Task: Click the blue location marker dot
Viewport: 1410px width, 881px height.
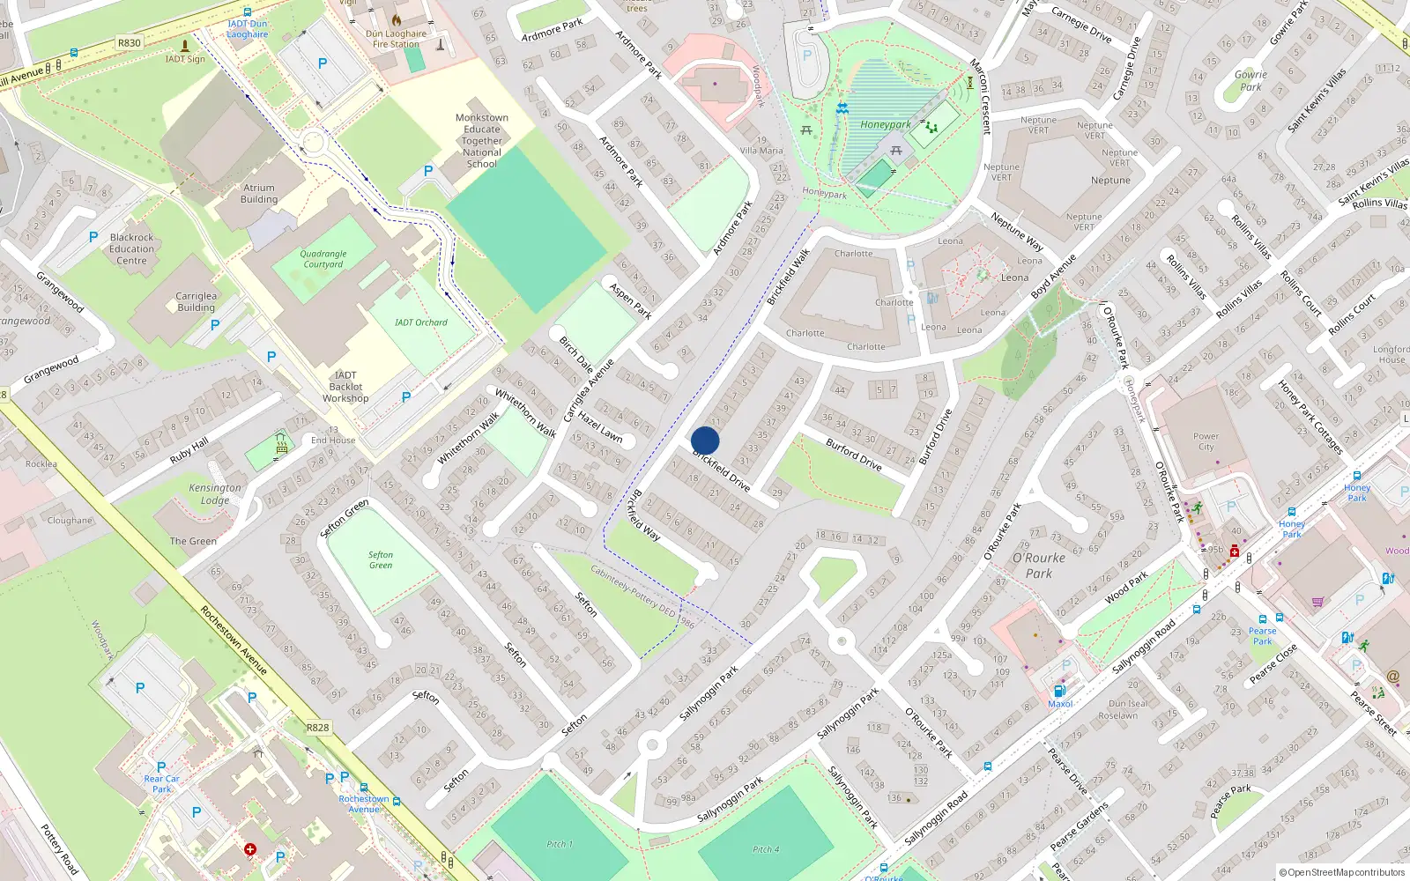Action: click(705, 440)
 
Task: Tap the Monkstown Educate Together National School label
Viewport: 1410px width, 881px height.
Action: click(482, 141)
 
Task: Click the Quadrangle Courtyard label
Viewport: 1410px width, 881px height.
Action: click(323, 259)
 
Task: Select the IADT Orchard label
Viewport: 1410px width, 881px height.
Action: click(420, 322)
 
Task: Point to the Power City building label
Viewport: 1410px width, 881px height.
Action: click(1206, 441)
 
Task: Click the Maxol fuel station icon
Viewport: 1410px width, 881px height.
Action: click(1060, 691)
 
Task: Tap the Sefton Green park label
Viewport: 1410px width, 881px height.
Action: click(381, 560)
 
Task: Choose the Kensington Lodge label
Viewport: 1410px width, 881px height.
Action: click(214, 493)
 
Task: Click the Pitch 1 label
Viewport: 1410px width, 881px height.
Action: click(559, 844)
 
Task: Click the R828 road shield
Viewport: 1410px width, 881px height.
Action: click(318, 728)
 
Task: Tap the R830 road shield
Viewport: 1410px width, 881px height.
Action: click(129, 42)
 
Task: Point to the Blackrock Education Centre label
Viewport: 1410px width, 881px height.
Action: click(132, 249)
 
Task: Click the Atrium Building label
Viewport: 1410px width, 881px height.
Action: click(259, 194)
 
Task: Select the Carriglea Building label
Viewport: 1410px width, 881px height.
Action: click(196, 302)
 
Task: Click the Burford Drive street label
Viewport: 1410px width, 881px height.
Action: click(853, 454)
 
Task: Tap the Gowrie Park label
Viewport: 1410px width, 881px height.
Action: click(1250, 81)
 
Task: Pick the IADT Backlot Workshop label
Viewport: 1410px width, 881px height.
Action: click(345, 387)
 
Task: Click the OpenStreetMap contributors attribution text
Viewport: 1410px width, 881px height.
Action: click(1342, 873)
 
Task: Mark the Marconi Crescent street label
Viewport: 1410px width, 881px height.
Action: click(980, 97)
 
